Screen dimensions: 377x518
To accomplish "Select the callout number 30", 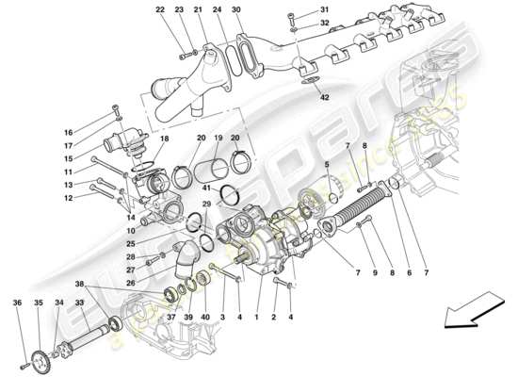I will coord(236,10).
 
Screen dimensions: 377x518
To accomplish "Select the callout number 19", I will coord(218,139).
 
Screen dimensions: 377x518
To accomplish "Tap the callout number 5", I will coord(328,166).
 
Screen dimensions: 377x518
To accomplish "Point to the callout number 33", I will coord(79,303).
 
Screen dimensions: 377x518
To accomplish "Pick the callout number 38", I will coord(80,284).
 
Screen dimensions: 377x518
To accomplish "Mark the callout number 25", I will coord(132,244).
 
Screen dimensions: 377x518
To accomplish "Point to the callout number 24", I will coord(217,10).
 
